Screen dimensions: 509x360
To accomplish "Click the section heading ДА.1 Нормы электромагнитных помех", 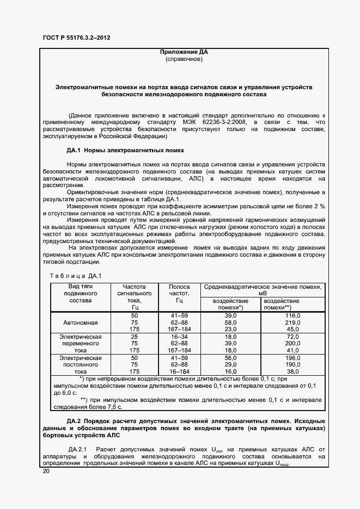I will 125,150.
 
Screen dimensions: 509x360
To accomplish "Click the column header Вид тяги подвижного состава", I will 80,293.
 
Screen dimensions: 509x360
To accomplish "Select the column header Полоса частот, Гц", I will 179,293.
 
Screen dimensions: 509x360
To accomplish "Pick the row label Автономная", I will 80,322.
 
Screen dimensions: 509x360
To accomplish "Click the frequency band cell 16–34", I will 179,337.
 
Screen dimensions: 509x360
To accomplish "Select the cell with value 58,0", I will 231,322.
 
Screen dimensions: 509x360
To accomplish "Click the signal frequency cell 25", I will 135,337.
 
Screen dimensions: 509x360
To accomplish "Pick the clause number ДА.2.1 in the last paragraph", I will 80,449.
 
